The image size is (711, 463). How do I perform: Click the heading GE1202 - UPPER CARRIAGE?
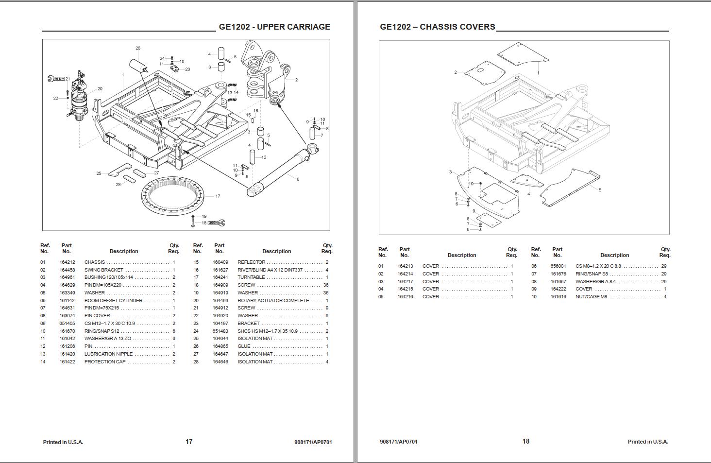point(274,27)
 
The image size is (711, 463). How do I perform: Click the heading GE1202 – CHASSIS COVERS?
point(437,27)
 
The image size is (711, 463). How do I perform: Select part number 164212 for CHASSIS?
point(68,262)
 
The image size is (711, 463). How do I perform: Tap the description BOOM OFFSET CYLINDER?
point(114,301)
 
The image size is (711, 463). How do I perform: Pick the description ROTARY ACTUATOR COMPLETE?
point(273,301)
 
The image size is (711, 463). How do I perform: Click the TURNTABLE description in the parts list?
point(251,277)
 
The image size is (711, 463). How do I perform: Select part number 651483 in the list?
point(220,331)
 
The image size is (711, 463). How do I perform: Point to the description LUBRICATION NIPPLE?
point(108,354)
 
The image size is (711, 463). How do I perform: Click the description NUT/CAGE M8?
point(591,297)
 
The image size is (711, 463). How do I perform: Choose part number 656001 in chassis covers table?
point(558,266)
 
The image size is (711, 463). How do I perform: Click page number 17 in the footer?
point(189,442)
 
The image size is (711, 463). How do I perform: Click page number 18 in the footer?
point(526,441)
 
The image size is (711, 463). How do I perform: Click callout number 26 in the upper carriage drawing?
point(138,48)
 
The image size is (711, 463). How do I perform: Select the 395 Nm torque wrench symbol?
point(216,223)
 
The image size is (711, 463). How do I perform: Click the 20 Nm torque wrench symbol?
point(56,79)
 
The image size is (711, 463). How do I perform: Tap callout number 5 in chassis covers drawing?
point(600,190)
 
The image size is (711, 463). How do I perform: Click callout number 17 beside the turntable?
point(218,196)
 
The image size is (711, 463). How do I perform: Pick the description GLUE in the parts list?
point(244,346)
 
